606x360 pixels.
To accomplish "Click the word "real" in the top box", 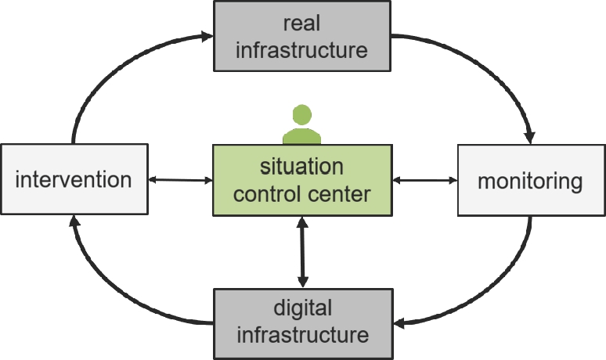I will click(x=301, y=23).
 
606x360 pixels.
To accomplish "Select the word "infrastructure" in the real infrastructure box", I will click(x=301, y=50).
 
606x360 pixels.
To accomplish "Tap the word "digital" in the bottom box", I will click(x=302, y=308).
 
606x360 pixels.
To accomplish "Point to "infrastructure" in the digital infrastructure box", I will click(x=302, y=335).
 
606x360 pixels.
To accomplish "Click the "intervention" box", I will click(x=74, y=180).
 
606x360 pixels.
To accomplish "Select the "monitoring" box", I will click(x=530, y=181).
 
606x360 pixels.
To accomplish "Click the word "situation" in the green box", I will click(x=301, y=167).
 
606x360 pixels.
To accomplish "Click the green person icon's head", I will click(x=301, y=113).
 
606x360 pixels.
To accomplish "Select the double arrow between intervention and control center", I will click(x=180, y=180).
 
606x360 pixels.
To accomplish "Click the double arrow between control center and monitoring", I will click(x=424, y=180).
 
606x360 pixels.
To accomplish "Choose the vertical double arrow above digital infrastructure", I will click(x=302, y=252).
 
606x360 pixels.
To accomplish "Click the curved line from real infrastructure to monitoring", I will click(x=485, y=63).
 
